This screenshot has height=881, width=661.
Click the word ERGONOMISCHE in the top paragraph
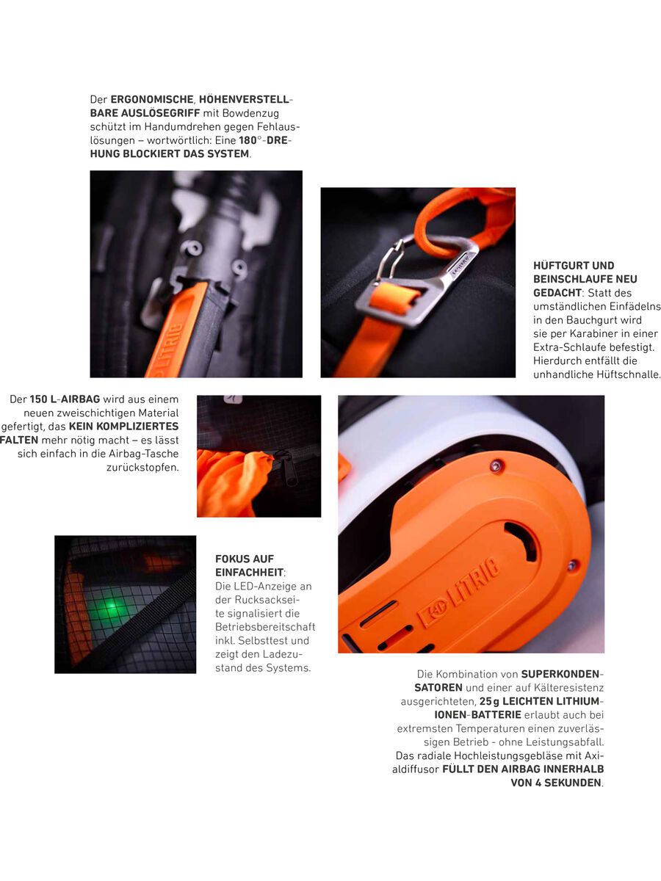point(152,99)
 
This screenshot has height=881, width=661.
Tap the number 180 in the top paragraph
point(248,140)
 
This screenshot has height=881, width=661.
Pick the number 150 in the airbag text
point(38,399)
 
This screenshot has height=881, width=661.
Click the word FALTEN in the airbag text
point(19,440)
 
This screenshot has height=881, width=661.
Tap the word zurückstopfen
point(142,468)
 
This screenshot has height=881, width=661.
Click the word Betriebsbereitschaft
point(265,627)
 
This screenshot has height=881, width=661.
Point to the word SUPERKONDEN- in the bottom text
point(563,674)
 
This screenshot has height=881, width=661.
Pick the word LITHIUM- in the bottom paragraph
point(578,701)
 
